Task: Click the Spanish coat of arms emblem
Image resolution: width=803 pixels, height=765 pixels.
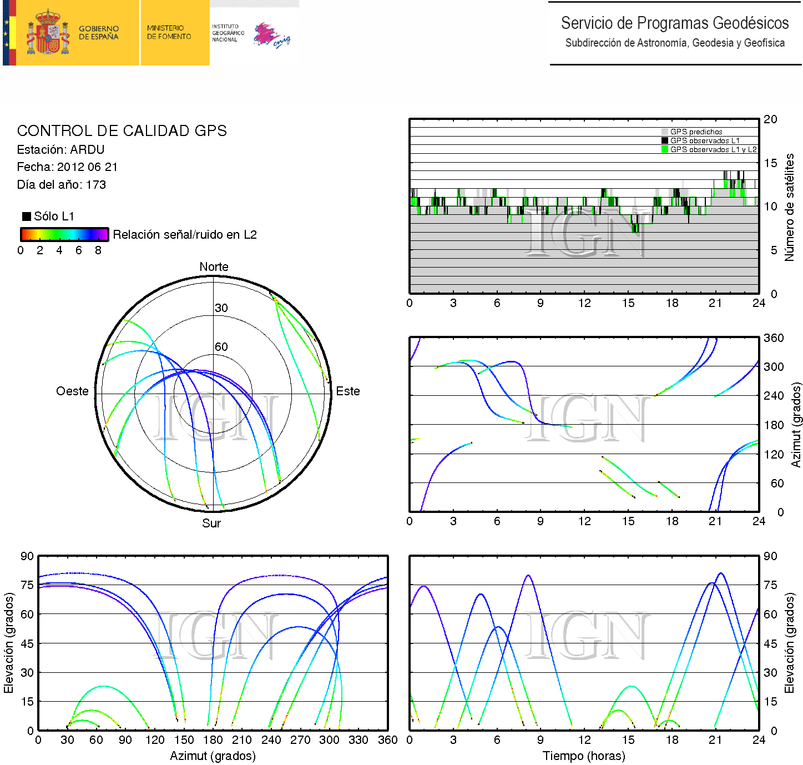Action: tap(48, 33)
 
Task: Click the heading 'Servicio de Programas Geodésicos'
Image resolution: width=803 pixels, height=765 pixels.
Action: tap(674, 23)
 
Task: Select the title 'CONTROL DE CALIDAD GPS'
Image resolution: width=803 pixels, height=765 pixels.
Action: tap(122, 131)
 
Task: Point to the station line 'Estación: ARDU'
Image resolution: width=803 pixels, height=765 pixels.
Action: tap(60, 150)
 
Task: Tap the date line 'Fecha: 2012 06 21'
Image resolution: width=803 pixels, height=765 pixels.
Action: tap(67, 167)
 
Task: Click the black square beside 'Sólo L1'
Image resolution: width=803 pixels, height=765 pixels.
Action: tap(26, 217)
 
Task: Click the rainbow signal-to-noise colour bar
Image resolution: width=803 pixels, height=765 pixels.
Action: tap(64, 234)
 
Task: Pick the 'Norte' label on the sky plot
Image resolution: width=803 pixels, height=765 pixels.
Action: tap(214, 267)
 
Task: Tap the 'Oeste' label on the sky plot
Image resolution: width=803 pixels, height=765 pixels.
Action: tap(72, 391)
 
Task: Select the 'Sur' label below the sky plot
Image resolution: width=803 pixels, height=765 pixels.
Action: tap(211, 524)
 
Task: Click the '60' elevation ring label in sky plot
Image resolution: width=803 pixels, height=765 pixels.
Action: tap(221, 347)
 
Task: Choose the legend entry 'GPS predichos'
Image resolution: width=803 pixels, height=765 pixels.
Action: tap(696, 132)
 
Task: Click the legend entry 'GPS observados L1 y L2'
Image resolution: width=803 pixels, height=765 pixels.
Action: tap(713, 150)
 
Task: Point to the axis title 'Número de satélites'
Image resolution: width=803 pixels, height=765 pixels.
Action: tap(789, 207)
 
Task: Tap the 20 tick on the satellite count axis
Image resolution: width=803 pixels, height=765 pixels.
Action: tap(770, 119)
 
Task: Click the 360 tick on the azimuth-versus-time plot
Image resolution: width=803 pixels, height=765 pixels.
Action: tap(774, 338)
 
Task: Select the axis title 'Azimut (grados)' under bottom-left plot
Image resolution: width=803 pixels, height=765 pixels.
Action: tap(213, 756)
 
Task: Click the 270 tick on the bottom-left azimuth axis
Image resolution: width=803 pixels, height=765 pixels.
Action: tap(300, 740)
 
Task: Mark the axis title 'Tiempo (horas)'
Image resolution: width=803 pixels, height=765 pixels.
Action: tap(584, 756)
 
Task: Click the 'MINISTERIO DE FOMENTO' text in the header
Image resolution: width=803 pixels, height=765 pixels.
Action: tap(169, 32)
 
